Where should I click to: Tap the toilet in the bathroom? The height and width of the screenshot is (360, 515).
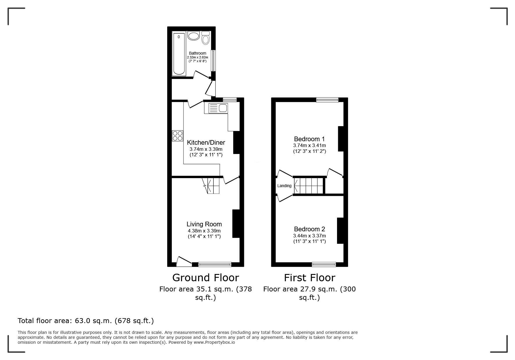[206, 38]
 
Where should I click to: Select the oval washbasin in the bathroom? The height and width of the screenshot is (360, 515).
[193, 36]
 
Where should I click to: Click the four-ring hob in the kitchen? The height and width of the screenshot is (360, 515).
[178, 136]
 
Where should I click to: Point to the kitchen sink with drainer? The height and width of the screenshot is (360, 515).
[218, 108]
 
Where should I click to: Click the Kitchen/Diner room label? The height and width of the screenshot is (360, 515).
[206, 143]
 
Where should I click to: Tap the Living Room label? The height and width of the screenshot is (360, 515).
[204, 224]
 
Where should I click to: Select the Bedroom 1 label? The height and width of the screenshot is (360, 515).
[309, 139]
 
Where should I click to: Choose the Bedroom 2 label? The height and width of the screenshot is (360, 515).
[309, 229]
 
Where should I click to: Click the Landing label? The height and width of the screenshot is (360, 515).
[284, 186]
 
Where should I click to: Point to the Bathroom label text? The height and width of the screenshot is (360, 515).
[197, 53]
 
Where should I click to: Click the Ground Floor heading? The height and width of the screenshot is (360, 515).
[206, 278]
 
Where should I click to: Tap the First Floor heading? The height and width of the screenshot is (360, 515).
[309, 278]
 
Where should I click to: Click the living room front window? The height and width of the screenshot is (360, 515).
[215, 264]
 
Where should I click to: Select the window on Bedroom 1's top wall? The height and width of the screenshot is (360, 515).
[327, 100]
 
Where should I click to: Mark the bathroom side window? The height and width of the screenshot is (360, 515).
[213, 60]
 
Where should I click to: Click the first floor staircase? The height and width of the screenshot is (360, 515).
[309, 186]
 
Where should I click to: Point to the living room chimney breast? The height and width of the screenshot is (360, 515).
[236, 224]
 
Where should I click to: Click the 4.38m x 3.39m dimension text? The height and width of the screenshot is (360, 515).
[204, 231]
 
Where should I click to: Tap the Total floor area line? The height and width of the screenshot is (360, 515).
[86, 321]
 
